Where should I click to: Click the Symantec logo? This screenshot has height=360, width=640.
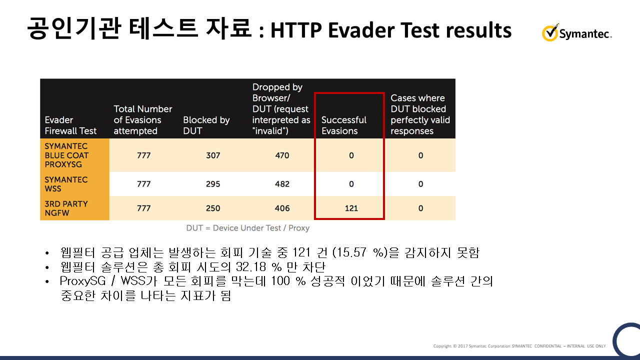click(576, 32)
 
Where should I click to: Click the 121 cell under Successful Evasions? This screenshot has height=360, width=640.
click(351, 208)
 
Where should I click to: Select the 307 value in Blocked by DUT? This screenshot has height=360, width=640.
click(213, 155)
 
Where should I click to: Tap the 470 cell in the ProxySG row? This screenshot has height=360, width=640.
click(282, 155)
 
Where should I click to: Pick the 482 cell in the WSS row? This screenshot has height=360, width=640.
click(282, 184)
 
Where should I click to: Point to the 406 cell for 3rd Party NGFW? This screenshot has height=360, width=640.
click(282, 208)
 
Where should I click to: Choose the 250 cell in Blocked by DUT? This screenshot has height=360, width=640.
click(213, 208)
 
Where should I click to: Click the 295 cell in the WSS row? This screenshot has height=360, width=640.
click(213, 184)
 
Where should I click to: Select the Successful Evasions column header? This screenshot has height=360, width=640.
click(343, 125)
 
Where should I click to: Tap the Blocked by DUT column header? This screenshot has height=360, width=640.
click(206, 125)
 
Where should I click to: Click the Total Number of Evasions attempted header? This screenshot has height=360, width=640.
click(143, 120)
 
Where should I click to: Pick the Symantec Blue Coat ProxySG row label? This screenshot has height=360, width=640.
click(66, 155)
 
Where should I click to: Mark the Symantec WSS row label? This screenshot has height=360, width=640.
click(66, 184)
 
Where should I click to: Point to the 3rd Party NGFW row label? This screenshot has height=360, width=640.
click(66, 208)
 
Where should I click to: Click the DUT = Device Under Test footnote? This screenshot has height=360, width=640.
click(247, 228)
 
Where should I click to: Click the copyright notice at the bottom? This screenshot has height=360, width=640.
click(519, 346)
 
